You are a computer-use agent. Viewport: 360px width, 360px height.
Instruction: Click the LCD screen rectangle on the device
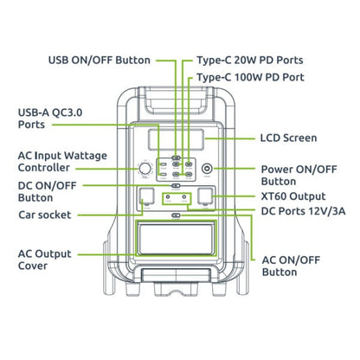tap(176, 139)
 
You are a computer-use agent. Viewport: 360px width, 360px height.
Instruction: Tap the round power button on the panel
tap(207, 169)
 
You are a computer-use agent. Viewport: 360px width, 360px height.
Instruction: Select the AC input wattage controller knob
tap(145, 169)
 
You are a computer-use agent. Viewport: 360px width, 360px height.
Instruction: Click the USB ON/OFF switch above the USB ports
tap(176, 157)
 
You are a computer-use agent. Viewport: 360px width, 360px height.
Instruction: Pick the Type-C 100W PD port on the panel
tap(189, 164)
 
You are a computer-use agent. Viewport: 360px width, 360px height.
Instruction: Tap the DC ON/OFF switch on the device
tap(176, 185)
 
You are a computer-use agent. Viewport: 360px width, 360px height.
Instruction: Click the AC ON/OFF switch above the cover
tap(176, 215)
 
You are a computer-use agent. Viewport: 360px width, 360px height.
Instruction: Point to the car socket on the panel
tap(146, 196)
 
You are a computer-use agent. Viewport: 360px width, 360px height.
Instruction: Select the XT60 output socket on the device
tap(205, 196)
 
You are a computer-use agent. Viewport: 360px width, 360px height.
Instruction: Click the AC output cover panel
tap(176, 238)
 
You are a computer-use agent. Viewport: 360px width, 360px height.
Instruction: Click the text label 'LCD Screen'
tap(288, 138)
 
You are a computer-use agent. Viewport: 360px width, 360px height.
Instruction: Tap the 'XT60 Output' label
tap(293, 196)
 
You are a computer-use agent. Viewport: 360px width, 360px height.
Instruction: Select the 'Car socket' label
tap(45, 215)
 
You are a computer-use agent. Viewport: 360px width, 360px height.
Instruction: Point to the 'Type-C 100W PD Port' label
tap(250, 77)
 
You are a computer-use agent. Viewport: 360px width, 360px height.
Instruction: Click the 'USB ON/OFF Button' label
tap(100, 61)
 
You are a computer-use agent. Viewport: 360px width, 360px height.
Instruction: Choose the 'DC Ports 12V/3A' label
tap(303, 211)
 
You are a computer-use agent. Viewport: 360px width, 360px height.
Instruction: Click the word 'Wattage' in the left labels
tap(86, 156)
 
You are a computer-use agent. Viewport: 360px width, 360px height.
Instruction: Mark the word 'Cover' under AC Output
tap(33, 266)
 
